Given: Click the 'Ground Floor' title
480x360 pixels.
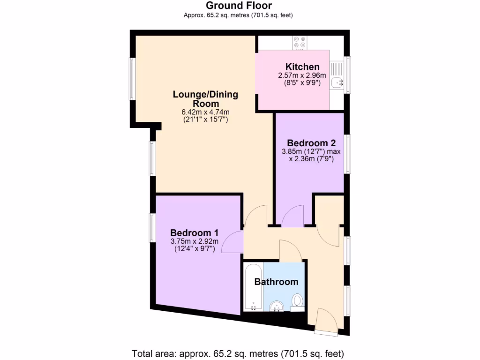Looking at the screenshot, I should (238, 6).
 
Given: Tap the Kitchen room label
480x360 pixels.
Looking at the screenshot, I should (302, 67).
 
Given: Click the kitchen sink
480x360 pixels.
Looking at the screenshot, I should (337, 82).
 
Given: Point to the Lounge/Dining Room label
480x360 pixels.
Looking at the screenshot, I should (205, 99).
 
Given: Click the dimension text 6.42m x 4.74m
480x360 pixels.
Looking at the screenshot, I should (205, 112).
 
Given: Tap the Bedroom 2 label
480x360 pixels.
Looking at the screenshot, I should (311, 143).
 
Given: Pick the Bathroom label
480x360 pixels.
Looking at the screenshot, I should (276, 282).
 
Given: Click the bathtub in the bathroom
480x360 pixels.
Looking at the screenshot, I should (253, 287).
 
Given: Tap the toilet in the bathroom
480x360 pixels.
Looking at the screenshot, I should (297, 301).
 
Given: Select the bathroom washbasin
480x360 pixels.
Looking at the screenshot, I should (277, 306).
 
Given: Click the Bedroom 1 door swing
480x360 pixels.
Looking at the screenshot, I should (232, 242).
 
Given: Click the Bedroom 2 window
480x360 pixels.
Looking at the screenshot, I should (347, 154).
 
